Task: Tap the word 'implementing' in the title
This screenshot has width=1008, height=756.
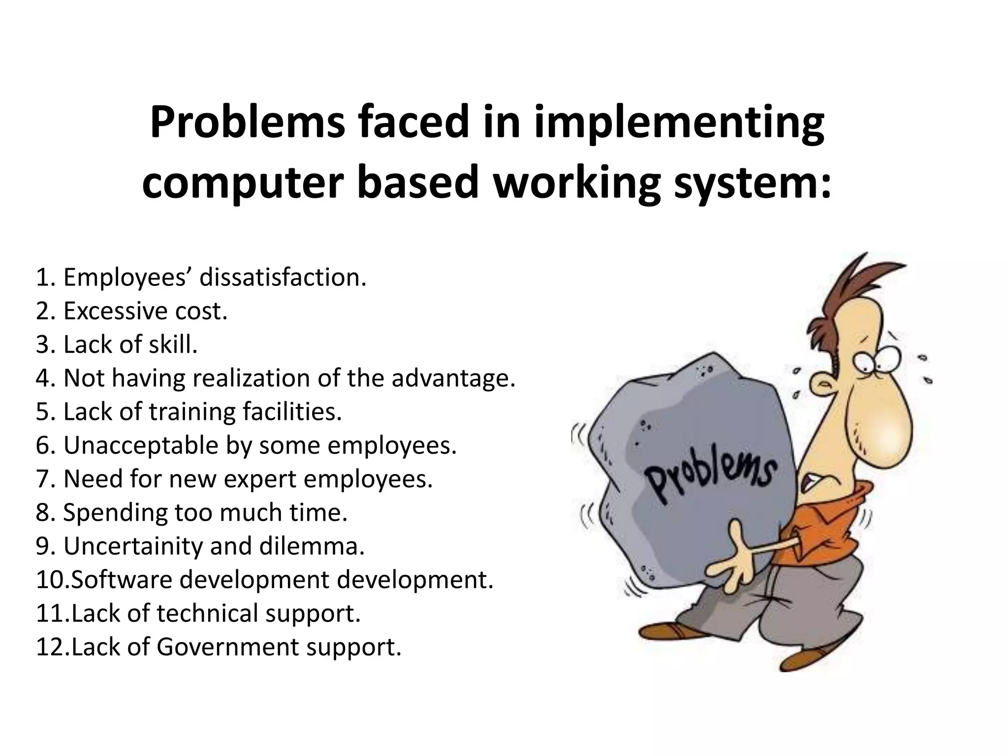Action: pyautogui.click(x=679, y=124)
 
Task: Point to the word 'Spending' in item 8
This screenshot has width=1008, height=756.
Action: pyautogui.click(x=115, y=512)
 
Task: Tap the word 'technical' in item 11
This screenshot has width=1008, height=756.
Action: pyautogui.click(x=207, y=613)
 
